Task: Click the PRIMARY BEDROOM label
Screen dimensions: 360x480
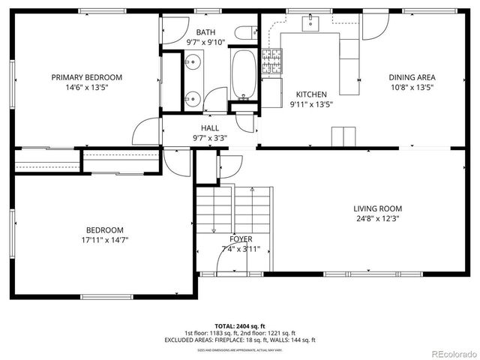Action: [86, 77]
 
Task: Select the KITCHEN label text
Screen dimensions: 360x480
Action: [311, 94]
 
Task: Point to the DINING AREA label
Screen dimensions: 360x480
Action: [412, 77]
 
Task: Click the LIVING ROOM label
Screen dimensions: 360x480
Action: [378, 208]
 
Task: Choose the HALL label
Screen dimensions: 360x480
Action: [209, 128]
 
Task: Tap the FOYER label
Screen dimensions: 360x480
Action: [241, 239]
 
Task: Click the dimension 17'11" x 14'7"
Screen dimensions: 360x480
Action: [104, 240]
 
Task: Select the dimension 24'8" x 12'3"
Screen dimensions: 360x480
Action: [378, 219]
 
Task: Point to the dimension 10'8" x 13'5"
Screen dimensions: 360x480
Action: [412, 87]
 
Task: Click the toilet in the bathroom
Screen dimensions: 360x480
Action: [243, 32]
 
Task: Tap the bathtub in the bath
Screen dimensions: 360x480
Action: [243, 75]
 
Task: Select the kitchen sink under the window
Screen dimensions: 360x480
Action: [310, 25]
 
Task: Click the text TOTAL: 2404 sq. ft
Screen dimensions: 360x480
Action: [240, 325]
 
